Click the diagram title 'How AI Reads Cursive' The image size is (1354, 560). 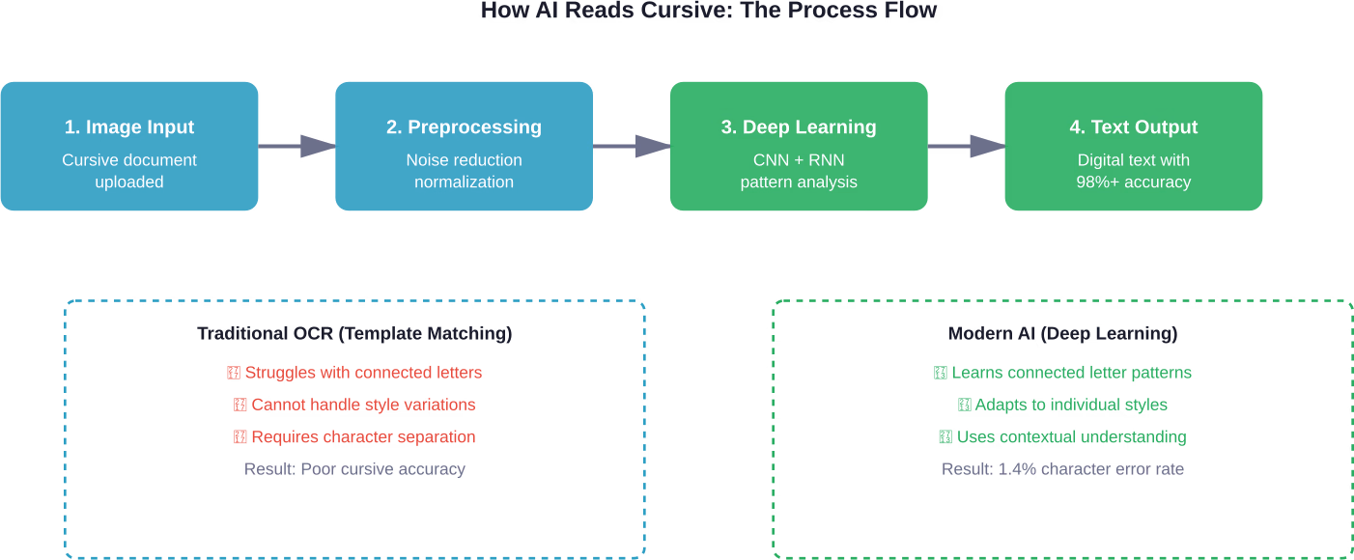point(708,12)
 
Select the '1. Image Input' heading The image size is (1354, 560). point(129,127)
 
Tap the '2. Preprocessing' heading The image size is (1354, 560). point(464,127)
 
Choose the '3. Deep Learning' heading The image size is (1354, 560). point(799,127)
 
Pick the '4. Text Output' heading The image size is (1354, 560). point(1133,127)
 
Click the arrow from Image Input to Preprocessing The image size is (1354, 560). point(297,147)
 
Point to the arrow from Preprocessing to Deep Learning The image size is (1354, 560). point(632,147)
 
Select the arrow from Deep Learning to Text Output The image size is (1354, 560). point(967,147)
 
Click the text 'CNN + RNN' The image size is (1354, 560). point(799,160)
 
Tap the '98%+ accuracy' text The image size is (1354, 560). point(1133,182)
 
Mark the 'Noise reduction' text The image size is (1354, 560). point(464,160)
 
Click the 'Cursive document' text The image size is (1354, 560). point(129,160)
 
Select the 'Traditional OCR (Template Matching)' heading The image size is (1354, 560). point(354,334)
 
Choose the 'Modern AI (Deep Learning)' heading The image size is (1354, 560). point(1062,334)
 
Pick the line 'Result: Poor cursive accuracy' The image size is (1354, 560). point(354,469)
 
